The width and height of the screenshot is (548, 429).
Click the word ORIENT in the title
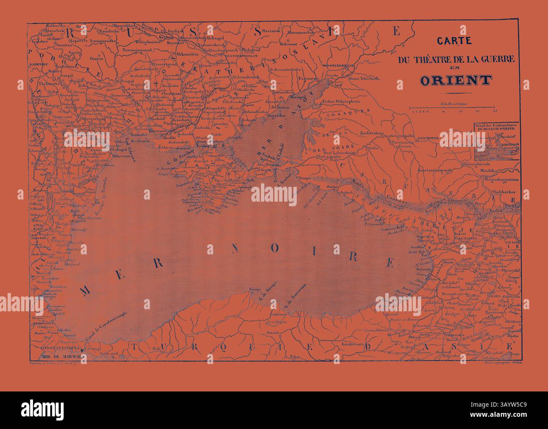456,80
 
